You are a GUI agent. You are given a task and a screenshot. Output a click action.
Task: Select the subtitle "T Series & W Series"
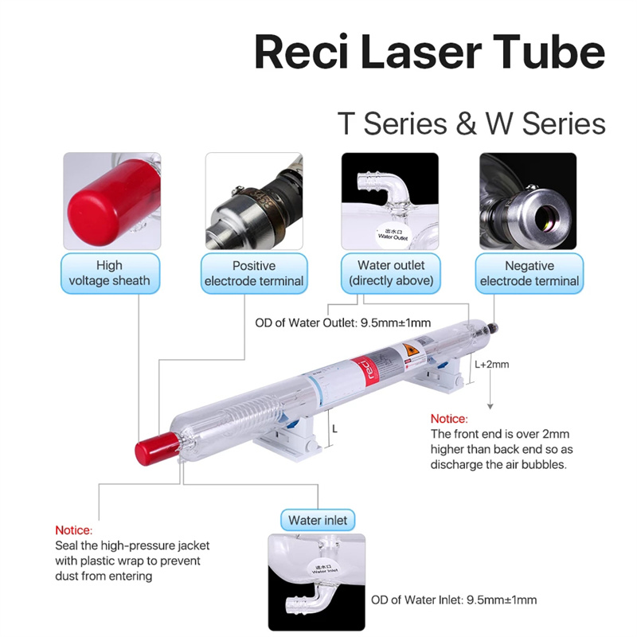pyautogui.click(x=471, y=124)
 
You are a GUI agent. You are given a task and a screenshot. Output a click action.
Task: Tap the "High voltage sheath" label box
pyautogui.click(x=109, y=273)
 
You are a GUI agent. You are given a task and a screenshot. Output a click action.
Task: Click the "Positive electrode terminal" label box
pyautogui.click(x=253, y=273)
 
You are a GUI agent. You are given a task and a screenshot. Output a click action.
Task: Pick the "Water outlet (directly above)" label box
pyautogui.click(x=390, y=273)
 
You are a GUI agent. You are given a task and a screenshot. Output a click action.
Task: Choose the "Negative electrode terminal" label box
pyautogui.click(x=530, y=273)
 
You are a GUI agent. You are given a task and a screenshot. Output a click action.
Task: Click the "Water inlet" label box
pyautogui.click(x=318, y=521)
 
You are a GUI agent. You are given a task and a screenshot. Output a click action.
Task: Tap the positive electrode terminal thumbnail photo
pyautogui.click(x=253, y=200)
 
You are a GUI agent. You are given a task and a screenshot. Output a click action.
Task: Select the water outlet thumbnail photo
pyautogui.click(x=390, y=200)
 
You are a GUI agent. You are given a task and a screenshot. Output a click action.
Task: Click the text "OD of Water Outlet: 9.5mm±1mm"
pyautogui.click(x=342, y=322)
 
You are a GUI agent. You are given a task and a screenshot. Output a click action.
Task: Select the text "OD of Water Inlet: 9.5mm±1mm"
pyautogui.click(x=454, y=600)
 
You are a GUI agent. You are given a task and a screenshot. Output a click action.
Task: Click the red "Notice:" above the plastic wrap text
pyautogui.click(x=73, y=530)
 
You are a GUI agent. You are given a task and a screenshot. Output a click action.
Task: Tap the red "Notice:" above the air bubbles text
pyautogui.click(x=449, y=419)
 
